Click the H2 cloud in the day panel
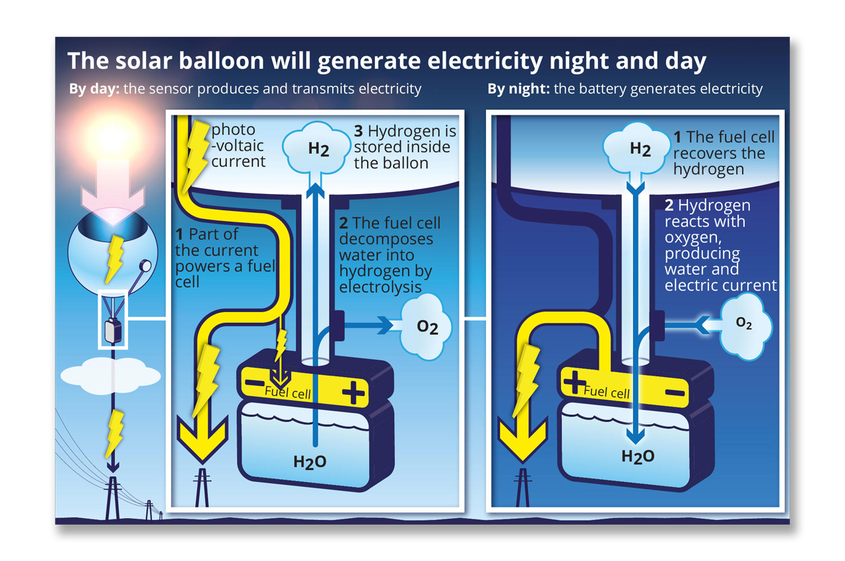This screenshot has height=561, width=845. click(318, 148)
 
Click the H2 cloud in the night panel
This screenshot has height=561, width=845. click(640, 148)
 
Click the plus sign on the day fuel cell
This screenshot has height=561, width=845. click(353, 394)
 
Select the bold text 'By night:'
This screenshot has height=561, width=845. click(519, 88)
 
